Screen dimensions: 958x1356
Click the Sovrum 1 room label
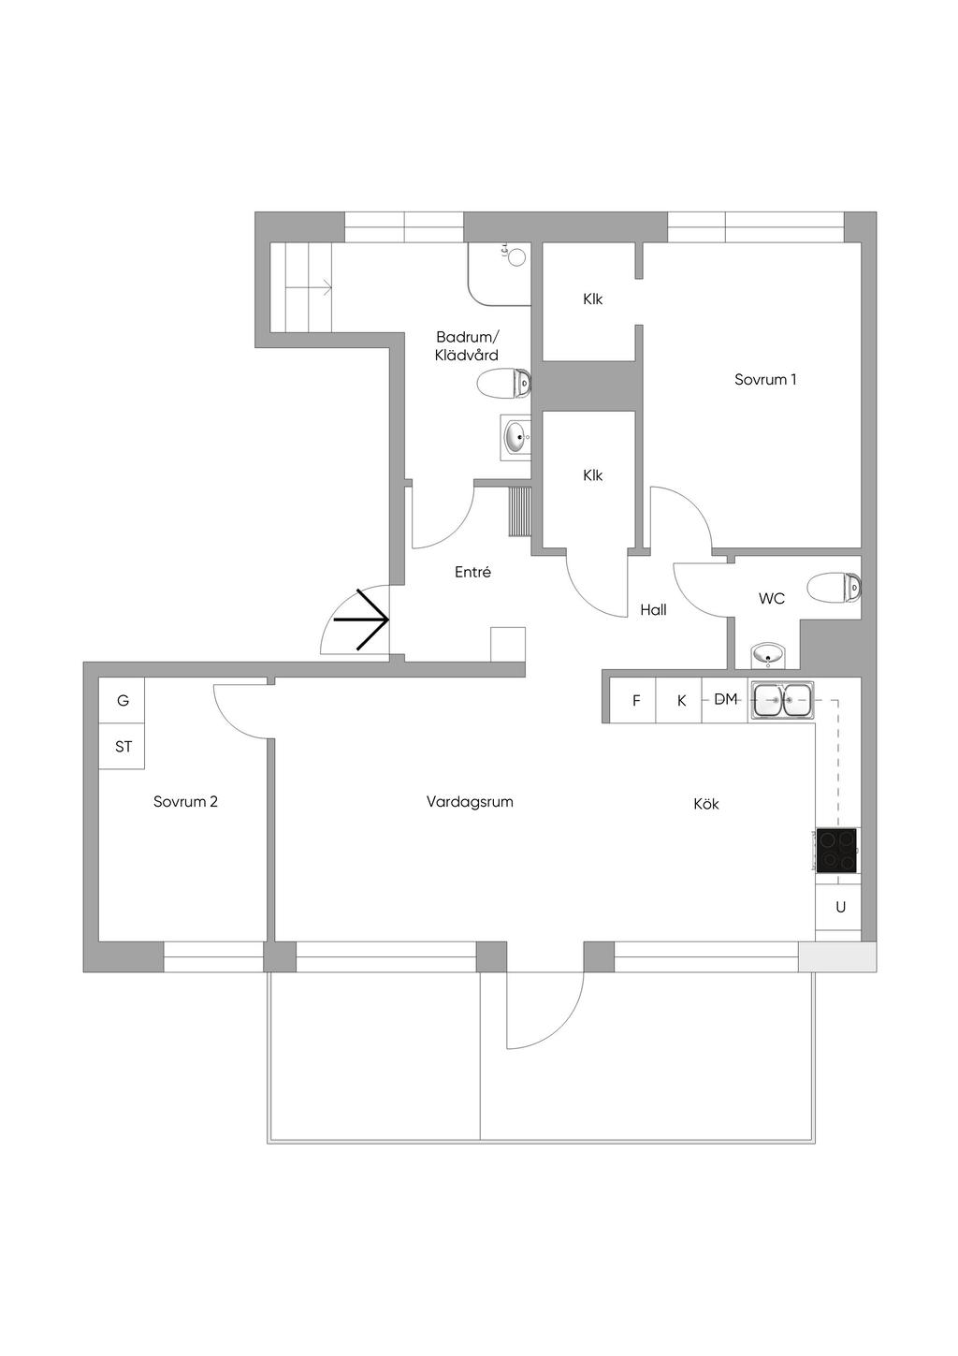[764, 380]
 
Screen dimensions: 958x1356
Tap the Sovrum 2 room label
[185, 802]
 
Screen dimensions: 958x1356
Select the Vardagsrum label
[470, 802]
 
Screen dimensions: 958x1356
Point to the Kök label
[706, 804]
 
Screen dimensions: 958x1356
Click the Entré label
[472, 572]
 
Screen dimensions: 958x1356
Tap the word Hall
[653, 610]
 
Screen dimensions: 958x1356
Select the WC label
[772, 598]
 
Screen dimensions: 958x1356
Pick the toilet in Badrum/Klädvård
[504, 383]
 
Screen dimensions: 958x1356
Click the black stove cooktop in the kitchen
[836, 851]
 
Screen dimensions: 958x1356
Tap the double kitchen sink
[783, 700]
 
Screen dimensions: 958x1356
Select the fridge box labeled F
[636, 701]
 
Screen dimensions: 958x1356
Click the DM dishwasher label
[726, 699]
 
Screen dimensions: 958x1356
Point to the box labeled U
[840, 907]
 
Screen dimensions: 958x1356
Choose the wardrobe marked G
[123, 701]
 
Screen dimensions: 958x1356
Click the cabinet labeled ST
[123, 747]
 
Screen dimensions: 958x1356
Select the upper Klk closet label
[592, 299]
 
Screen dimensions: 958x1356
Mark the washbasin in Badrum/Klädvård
[515, 436]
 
